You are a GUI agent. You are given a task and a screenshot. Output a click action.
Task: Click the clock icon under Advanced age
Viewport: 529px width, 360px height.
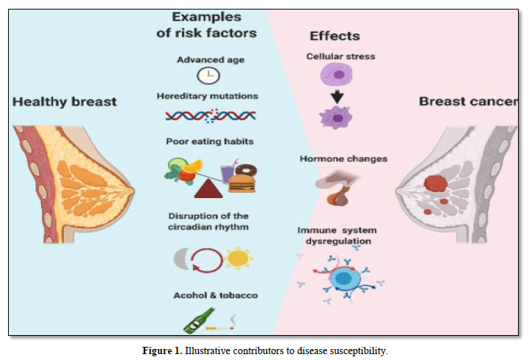(x=208, y=76)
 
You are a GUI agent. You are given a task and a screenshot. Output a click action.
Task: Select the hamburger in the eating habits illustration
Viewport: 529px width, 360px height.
(x=241, y=181)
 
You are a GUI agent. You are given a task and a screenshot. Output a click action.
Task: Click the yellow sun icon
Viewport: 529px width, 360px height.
(x=238, y=259)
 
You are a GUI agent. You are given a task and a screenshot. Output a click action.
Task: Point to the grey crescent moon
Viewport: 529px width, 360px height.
(x=180, y=258)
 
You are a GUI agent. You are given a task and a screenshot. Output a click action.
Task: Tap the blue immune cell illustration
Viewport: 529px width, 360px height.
(x=340, y=278)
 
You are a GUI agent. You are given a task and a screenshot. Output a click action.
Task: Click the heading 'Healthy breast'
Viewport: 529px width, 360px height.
(x=65, y=101)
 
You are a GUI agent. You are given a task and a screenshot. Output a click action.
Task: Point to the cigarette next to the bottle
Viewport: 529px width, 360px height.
(x=222, y=326)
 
